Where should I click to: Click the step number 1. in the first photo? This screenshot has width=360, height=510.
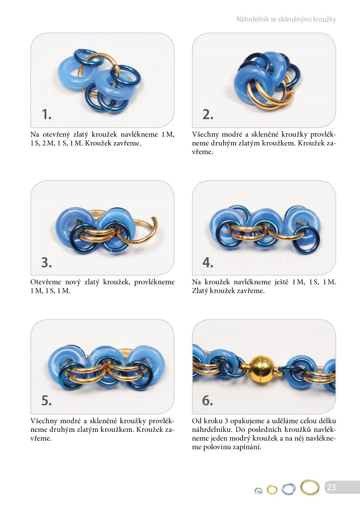pyautogui.click(x=47, y=114)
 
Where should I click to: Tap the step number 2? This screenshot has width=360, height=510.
pyautogui.click(x=208, y=114)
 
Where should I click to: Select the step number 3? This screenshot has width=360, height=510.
pyautogui.click(x=47, y=262)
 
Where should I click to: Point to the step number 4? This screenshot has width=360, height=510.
pyautogui.click(x=208, y=262)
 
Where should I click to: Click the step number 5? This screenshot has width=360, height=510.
pyautogui.click(x=47, y=400)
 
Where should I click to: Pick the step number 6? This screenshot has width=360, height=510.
pyautogui.click(x=208, y=400)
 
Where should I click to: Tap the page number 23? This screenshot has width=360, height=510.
pyautogui.click(x=331, y=487)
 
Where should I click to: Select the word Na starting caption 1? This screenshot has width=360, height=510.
pyautogui.click(x=35, y=135)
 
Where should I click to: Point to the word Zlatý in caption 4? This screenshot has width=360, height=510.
pyautogui.click(x=199, y=291)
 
